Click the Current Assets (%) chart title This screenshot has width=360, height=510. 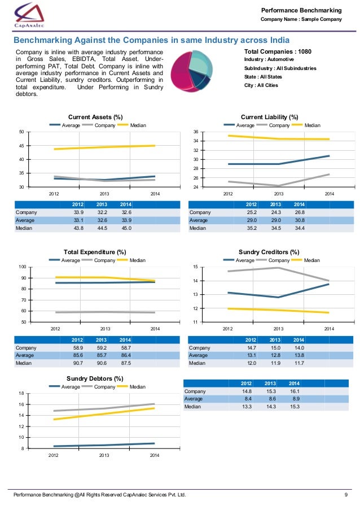[95, 117]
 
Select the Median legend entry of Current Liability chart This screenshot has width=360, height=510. [311, 125]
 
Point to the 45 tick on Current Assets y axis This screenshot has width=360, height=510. [21, 146]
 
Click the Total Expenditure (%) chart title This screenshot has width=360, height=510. [94, 252]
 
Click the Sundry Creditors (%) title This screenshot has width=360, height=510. [269, 252]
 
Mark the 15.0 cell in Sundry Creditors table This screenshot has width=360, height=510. [275, 348]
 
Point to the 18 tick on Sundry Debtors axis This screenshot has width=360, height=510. [21, 393]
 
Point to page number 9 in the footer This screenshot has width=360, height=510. [345, 496]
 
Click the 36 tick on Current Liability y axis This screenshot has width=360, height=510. [195, 132]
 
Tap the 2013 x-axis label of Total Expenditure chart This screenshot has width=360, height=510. [105, 328]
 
